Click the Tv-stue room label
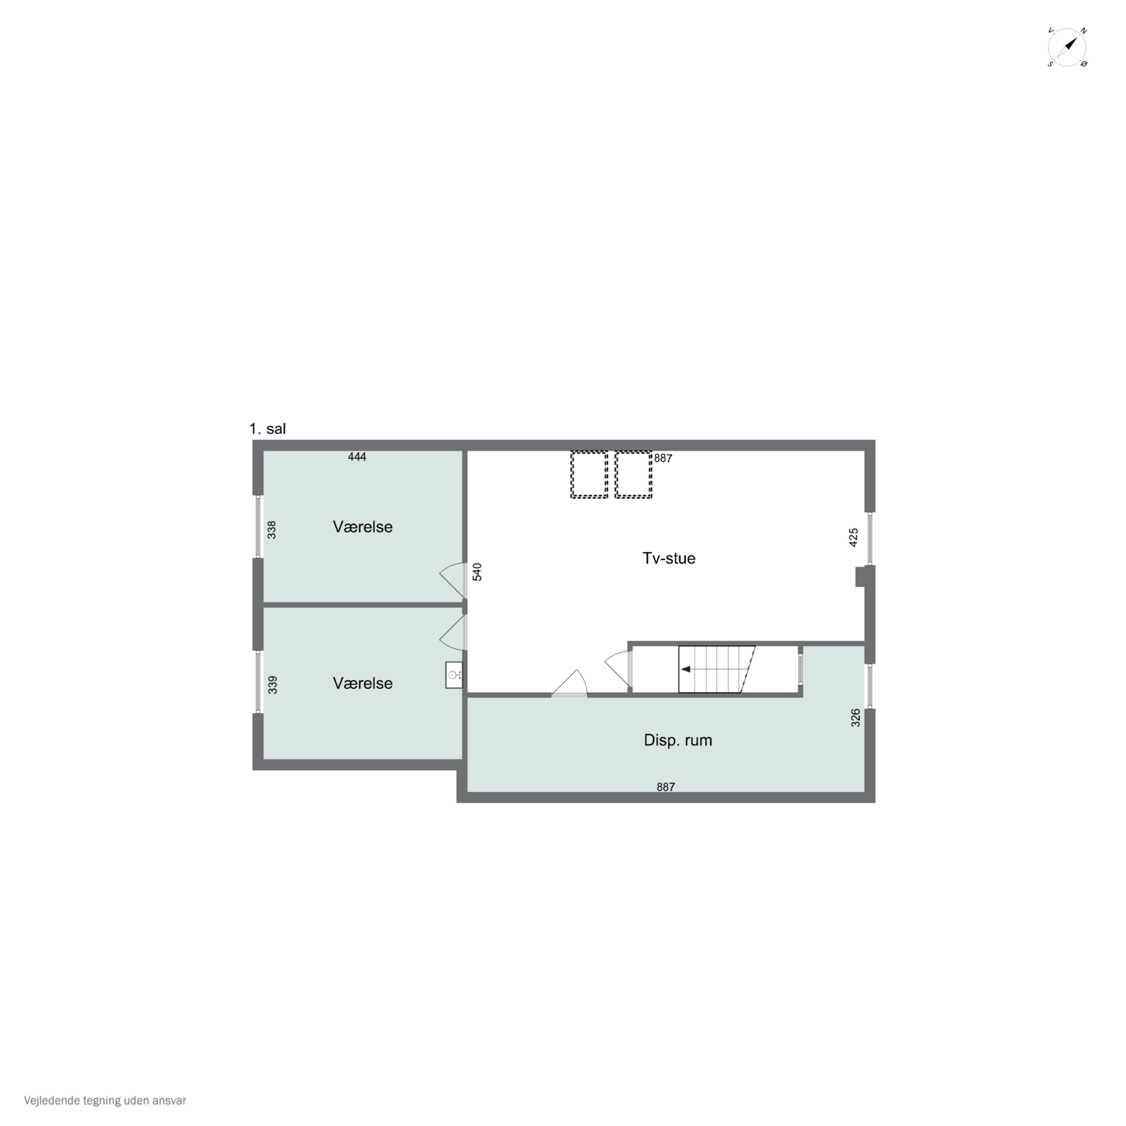coord(668,558)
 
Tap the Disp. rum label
coord(678,740)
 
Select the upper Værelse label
coord(363,527)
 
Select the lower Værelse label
coord(363,683)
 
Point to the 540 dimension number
coord(477,572)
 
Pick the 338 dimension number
coord(272,530)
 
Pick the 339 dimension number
coord(272,685)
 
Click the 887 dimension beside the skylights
coord(663,459)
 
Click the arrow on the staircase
coord(686,669)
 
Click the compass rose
coord(1067,47)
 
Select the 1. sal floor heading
coord(268,429)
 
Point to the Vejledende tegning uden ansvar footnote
coord(105,1101)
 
